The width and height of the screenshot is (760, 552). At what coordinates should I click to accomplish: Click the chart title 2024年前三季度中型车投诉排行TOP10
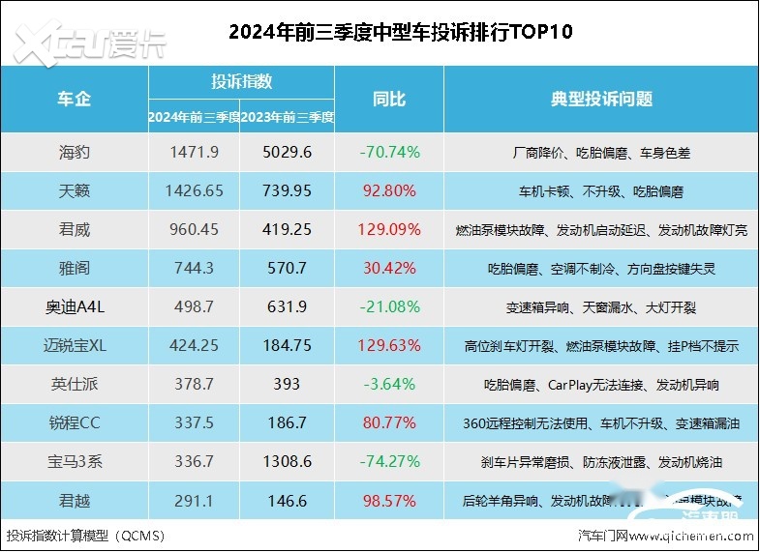401,32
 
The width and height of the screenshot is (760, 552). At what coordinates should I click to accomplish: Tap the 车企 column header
75,99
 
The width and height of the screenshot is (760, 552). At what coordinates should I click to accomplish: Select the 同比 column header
388,99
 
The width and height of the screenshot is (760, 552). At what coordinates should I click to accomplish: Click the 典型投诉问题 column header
601,99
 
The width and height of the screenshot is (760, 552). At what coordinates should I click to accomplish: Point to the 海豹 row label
75,152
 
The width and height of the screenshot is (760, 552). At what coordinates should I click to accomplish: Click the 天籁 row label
75,190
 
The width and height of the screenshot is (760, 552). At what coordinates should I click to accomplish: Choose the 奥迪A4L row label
75,307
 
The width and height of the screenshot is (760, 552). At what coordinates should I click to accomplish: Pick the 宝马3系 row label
75,462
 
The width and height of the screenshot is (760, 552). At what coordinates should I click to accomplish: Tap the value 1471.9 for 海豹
194,152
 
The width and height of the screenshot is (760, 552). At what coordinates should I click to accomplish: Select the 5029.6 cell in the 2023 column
288,152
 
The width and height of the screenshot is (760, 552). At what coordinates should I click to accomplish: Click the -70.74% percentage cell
388,152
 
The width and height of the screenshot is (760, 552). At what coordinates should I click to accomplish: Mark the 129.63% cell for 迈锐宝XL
388,346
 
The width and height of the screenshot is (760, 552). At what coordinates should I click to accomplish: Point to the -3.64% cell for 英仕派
388,385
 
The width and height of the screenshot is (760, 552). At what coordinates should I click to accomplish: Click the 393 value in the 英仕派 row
288,385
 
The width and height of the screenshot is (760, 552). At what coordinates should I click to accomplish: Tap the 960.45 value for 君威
194,230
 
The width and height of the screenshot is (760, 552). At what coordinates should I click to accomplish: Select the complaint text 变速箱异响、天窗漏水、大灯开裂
601,307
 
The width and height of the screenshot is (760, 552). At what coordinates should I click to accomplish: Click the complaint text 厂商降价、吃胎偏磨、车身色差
601,152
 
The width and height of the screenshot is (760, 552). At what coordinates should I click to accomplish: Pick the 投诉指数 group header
241,81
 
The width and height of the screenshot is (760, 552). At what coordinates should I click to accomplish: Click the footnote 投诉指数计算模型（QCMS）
85,535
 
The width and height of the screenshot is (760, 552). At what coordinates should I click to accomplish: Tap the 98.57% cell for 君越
388,501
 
